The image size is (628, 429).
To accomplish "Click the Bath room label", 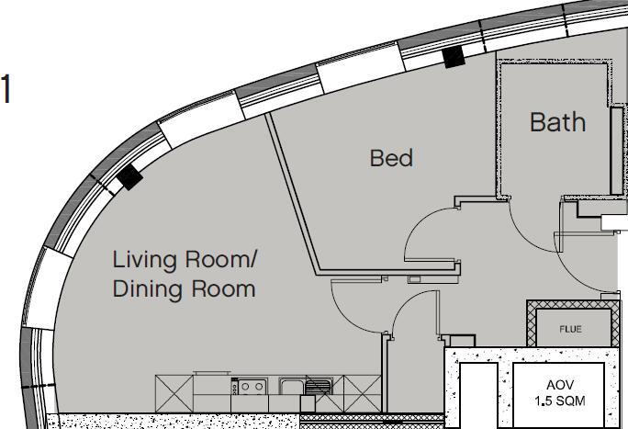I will coord(557,121).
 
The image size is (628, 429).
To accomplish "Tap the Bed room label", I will coord(391,158).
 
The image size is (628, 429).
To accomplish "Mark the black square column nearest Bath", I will coord(454,58).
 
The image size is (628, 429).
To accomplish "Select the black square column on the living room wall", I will coord(129,178).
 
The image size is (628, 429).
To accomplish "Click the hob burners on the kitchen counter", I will coord(253,387).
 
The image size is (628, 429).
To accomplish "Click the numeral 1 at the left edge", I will coord(6,90).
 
